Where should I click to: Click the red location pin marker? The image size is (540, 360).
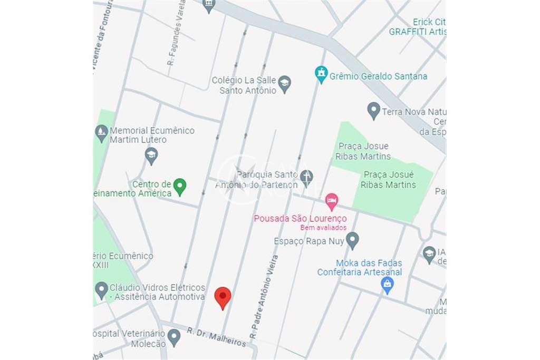pos(223,297)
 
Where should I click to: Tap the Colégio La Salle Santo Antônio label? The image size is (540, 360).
pos(244,85)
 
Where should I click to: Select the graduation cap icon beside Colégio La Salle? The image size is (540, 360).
pos(285,84)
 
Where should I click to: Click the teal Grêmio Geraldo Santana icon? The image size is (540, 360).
pos(321,74)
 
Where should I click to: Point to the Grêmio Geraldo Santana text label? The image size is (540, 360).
pos(378,76)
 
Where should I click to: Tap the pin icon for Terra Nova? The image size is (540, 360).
pos(374,111)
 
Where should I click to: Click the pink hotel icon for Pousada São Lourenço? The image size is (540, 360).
pos(331,201)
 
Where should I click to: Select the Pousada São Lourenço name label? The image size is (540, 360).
pos(300,218)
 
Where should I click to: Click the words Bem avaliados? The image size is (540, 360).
pos(323,228)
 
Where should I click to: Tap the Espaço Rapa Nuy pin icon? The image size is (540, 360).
pos(352,240)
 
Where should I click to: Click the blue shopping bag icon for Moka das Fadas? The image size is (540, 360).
pos(388,285)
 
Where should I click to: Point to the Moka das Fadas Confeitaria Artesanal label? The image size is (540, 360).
pos(360,268)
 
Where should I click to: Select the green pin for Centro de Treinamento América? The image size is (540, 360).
pos(180,187)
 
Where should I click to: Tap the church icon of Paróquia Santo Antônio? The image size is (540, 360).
pos(306,178)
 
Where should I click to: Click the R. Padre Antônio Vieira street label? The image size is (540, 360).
pos(264,297)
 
